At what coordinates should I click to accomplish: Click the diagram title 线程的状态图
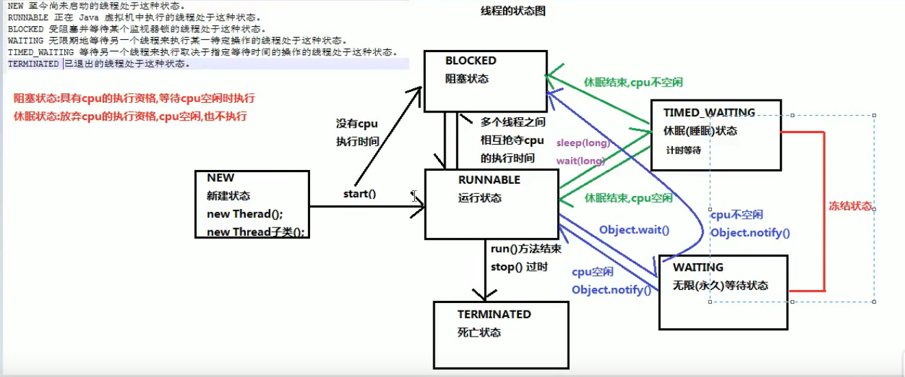(513, 12)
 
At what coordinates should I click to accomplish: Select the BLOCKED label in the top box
(470, 61)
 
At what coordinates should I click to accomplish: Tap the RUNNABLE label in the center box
(489, 180)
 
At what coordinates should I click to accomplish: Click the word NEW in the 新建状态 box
(220, 178)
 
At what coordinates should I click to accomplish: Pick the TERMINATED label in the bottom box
(494, 315)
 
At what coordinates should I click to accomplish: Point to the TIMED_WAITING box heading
(709, 113)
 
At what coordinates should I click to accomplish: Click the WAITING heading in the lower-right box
(698, 267)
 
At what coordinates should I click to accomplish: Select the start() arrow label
(359, 194)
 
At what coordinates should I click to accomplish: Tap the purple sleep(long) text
(582, 143)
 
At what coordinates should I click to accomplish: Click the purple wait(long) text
(580, 161)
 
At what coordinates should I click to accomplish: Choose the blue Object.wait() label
(634, 230)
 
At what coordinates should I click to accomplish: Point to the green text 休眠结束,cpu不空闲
(633, 82)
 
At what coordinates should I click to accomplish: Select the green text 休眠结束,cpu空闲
(628, 198)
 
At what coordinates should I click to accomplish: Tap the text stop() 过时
(519, 267)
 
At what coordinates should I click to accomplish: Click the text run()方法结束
(526, 249)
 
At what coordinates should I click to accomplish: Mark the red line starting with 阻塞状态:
(134, 99)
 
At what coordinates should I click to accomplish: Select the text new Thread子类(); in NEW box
(255, 232)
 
